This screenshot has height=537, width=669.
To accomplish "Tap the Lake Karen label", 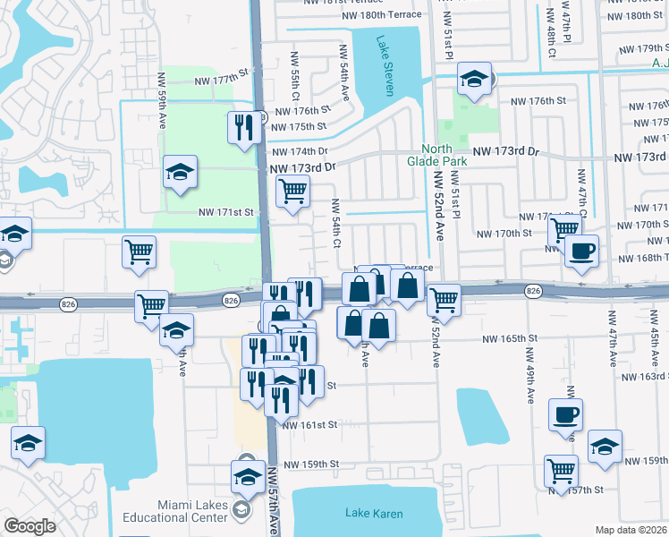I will tap(374, 514).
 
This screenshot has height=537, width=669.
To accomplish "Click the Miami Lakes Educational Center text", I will tap(192, 511).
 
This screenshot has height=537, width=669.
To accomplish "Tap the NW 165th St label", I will tap(509, 339).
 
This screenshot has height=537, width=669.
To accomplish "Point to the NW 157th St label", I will tap(580, 490).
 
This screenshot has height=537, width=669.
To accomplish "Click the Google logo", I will tap(30, 526).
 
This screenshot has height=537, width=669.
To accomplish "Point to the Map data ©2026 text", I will tap(631, 530).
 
